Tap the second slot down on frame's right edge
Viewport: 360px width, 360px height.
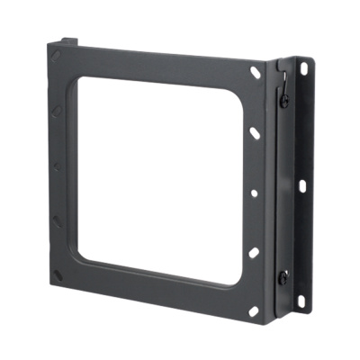coord(254,132)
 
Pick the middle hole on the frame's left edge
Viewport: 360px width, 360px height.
coord(57,166)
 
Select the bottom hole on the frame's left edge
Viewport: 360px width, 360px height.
coord(57,220)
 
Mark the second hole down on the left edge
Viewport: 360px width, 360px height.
coord(57,111)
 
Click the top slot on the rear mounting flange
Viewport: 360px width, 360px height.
coord(303,68)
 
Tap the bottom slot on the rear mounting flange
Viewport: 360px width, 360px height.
coord(301,296)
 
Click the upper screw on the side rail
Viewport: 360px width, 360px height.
coord(283,101)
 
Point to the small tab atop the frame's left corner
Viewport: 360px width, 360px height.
coord(68,40)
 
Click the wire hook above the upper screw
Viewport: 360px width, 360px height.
coord(282,84)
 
